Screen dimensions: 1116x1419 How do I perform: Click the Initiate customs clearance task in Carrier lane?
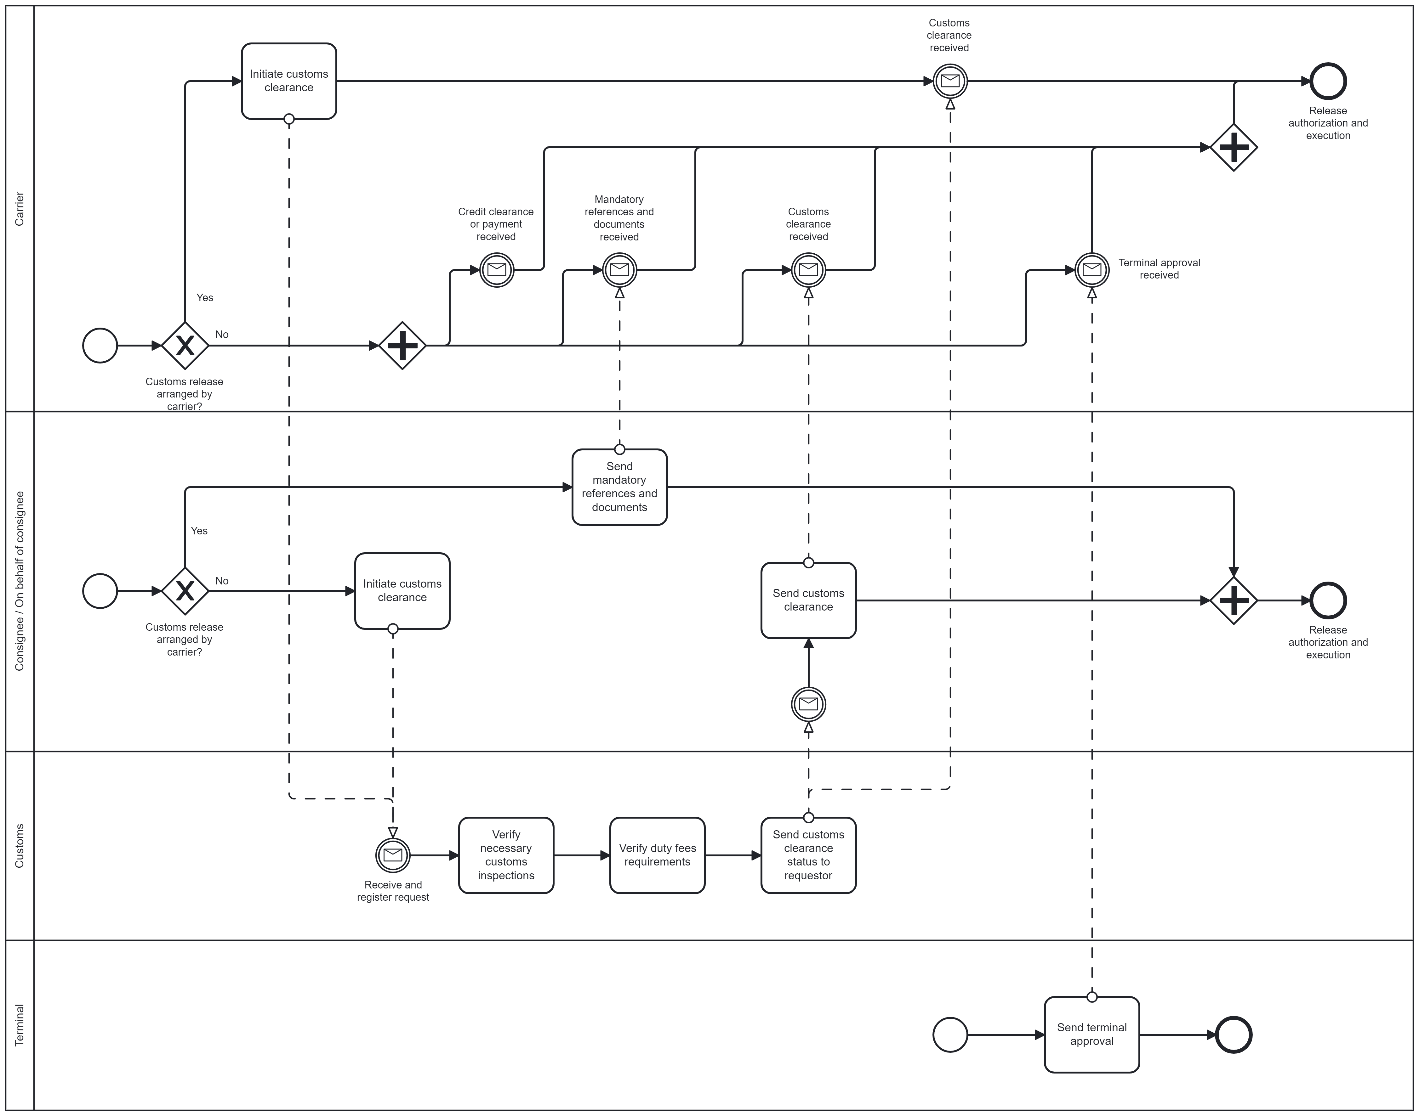coord(289,81)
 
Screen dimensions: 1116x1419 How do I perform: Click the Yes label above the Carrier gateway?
coord(205,297)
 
